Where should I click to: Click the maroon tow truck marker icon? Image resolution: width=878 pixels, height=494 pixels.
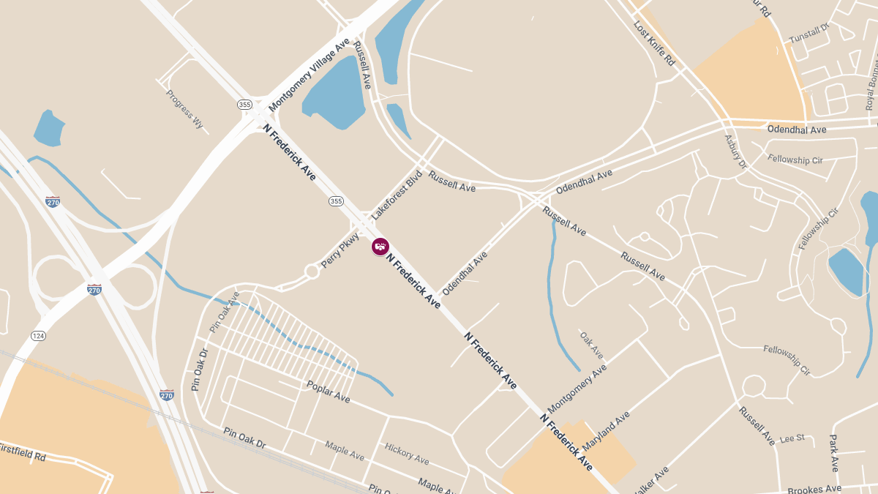pos(380,247)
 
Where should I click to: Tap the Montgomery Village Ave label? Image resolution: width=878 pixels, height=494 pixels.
pos(310,76)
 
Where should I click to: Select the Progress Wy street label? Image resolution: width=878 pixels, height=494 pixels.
pos(184,109)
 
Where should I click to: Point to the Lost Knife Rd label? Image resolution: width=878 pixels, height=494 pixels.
pos(654,44)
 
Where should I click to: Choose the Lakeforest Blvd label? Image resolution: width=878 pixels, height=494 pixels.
pos(397,195)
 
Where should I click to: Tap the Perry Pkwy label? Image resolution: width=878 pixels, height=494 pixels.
pos(340,250)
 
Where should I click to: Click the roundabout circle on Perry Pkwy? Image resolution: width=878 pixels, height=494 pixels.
pos(312,272)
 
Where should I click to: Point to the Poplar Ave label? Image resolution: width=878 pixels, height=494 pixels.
pos(329,391)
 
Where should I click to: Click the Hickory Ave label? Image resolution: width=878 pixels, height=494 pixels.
pos(407,453)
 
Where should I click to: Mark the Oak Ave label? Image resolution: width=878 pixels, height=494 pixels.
pos(592,345)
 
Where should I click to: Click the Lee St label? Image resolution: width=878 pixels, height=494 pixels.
pos(792,438)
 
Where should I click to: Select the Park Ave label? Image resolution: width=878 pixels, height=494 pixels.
pos(834,452)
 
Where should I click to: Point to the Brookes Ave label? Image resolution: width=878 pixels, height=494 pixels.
pos(814,488)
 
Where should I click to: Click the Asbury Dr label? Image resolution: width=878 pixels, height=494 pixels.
pos(735,151)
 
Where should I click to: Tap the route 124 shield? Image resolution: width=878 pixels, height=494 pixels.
pos(38,335)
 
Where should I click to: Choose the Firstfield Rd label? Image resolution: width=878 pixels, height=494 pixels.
pos(22,452)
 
